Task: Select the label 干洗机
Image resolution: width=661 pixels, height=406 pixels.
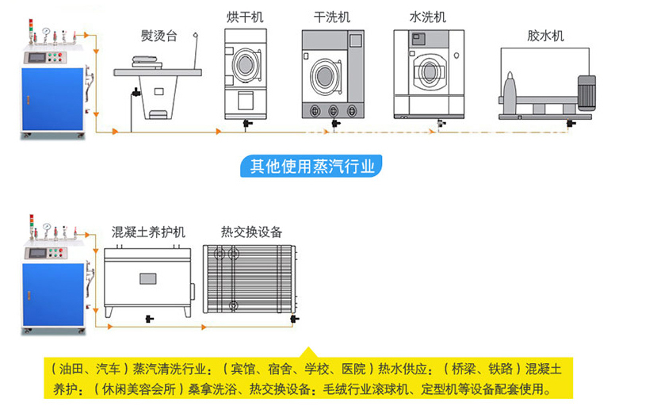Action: [331, 17]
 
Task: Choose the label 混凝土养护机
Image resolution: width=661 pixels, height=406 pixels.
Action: [149, 232]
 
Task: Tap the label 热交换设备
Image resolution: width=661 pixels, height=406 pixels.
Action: [251, 232]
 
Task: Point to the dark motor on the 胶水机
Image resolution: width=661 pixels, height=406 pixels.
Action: [587, 92]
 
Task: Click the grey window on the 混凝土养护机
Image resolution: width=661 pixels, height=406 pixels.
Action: [149, 279]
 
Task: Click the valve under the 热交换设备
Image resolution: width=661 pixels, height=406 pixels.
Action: [295, 320]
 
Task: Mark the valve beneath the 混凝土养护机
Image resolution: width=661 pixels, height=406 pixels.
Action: [148, 319]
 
